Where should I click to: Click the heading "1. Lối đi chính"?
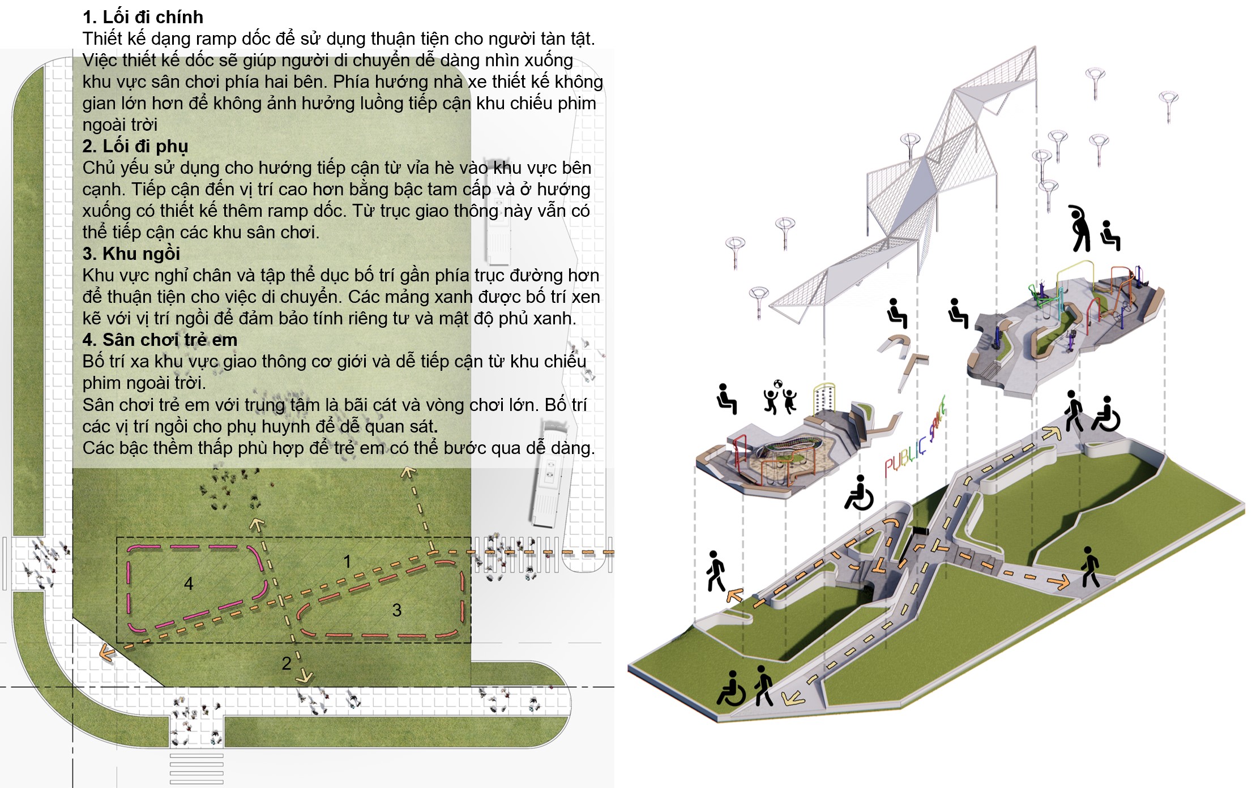pos(143,17)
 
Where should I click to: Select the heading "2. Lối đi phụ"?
pos(135,146)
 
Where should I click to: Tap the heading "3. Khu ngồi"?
pos(131,254)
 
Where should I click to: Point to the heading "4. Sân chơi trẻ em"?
pos(160,340)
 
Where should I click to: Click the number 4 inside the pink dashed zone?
pos(189,584)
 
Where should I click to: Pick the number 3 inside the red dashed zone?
pos(397,610)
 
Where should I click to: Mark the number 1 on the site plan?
pos(347,562)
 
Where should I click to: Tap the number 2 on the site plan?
pos(287,663)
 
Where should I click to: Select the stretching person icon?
pos(1079,228)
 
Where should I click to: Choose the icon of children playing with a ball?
pos(780,397)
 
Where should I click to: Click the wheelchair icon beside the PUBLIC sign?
pos(860,492)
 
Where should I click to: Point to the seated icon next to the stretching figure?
pos(1110,235)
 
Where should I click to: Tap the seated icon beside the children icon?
pos(727,399)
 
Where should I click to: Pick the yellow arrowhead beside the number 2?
pos(306,675)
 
